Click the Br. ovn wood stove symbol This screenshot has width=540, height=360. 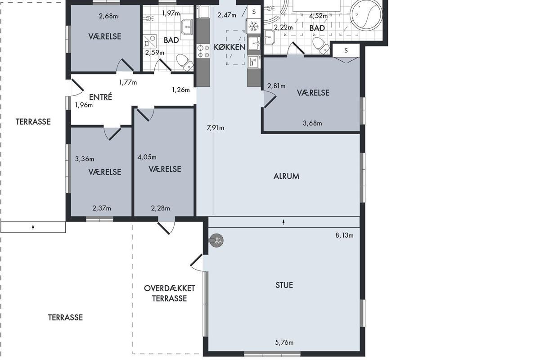click(216, 240)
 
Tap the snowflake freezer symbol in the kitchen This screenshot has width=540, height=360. click(254, 26)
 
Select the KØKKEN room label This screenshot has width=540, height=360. click(229, 47)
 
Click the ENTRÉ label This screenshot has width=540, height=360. click(100, 97)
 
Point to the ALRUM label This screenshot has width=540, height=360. click(286, 176)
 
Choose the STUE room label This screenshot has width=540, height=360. click(284, 285)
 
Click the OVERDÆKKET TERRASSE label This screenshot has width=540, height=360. click(170, 293)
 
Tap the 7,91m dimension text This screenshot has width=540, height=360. click(216, 127)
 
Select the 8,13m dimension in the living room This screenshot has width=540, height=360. click(345, 235)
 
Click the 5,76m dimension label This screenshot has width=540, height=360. click(284, 342)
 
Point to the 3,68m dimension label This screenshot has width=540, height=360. click(312, 123)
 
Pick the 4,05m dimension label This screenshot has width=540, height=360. click(147, 157)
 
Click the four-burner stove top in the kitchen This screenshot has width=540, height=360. click(203, 51)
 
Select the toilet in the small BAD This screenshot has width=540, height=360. click(184, 62)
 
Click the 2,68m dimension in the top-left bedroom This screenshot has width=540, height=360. click(108, 16)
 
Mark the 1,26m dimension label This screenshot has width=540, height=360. click(181, 90)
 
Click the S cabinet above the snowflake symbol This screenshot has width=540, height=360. click(254, 12)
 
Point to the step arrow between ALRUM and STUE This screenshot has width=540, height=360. click(284, 222)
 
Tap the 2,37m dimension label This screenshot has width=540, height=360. click(102, 208)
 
